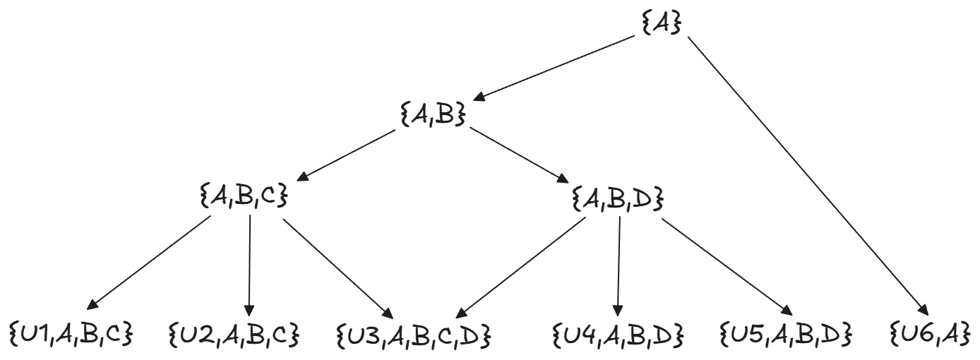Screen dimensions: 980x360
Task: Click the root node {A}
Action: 662,24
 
